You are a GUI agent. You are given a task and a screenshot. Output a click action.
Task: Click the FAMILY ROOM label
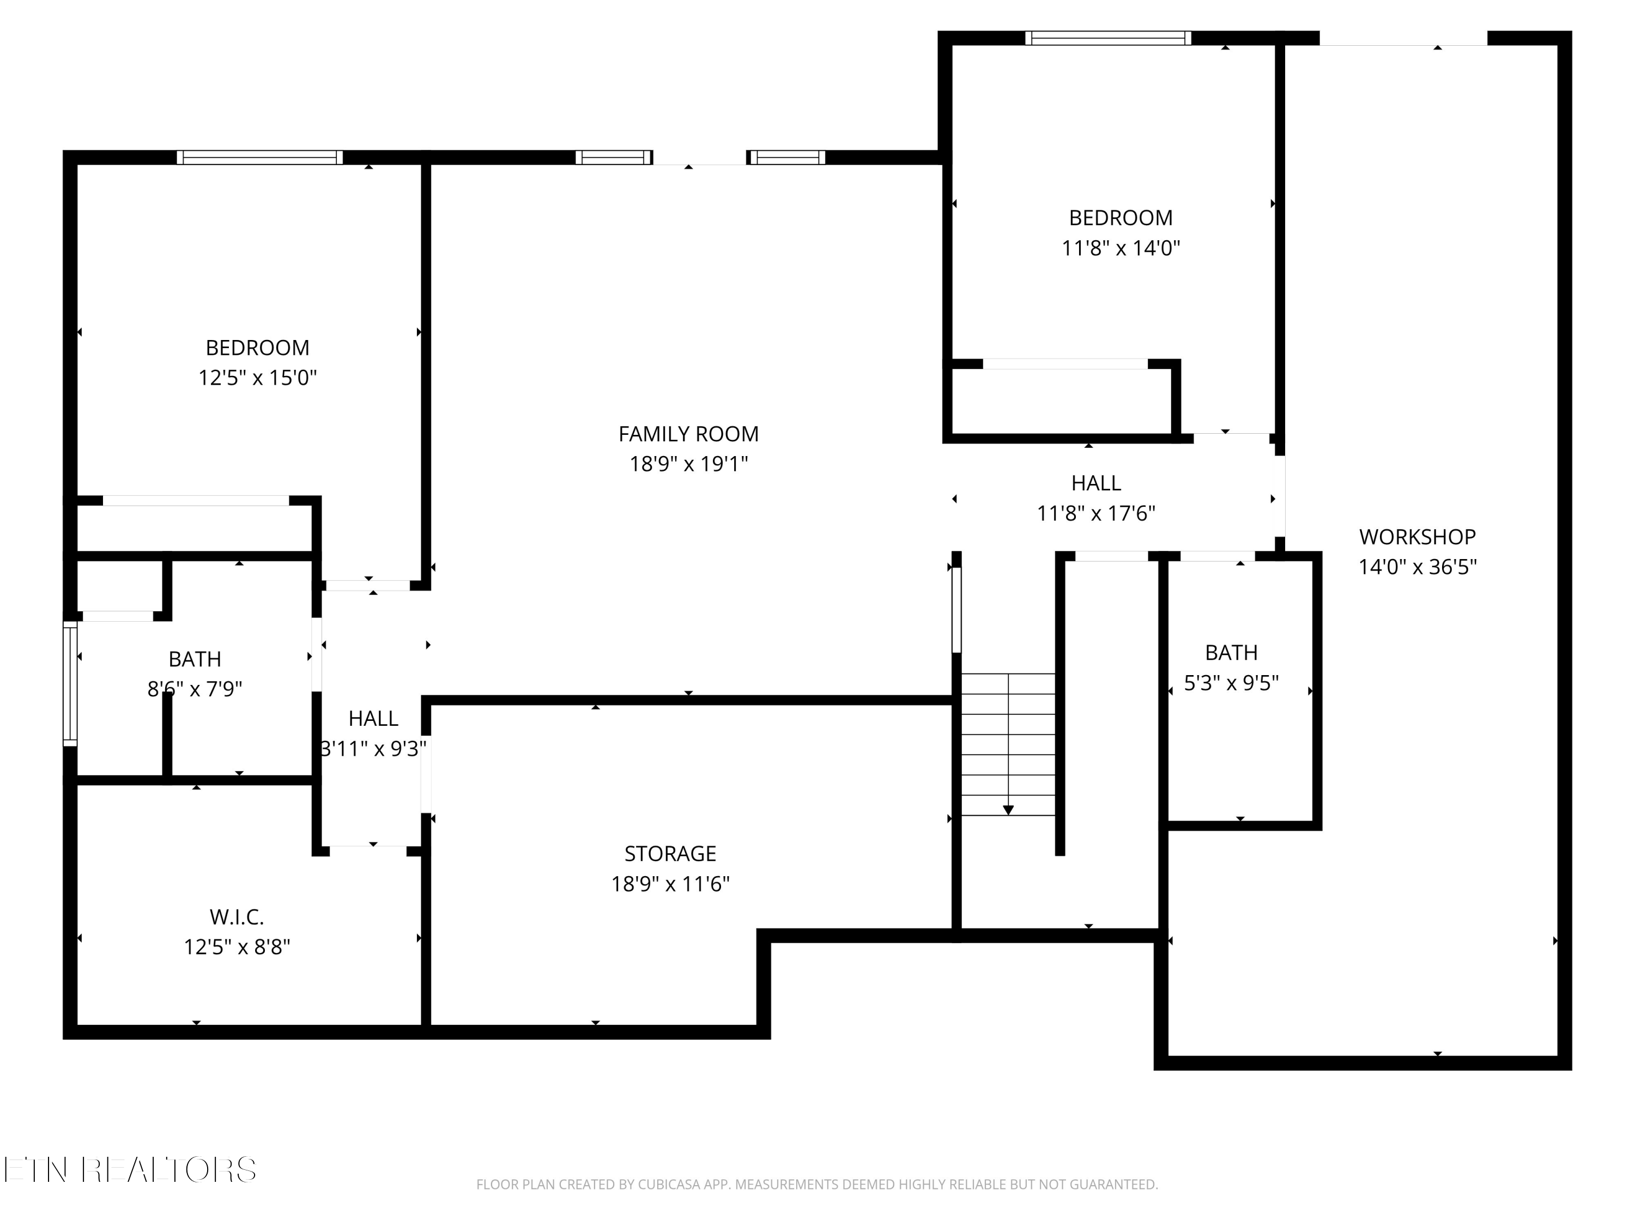tap(688, 434)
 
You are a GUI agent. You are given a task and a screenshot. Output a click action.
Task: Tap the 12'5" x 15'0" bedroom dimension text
tap(257, 378)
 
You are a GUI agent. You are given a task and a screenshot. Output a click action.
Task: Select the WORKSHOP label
tap(1417, 537)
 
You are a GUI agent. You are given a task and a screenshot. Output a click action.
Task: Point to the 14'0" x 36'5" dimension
tap(1417, 567)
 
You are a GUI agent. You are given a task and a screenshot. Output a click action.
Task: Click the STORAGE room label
tap(670, 853)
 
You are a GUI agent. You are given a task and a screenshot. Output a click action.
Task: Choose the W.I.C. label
tap(237, 917)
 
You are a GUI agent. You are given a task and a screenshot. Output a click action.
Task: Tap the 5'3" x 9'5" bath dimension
tap(1231, 683)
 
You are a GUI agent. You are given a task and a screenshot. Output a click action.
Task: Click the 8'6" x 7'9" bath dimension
tap(195, 689)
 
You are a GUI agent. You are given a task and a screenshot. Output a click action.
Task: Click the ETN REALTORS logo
tap(130, 1170)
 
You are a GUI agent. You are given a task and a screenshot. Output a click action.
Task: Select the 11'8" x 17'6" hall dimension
tap(1095, 513)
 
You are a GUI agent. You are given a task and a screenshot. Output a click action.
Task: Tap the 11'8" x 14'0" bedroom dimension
tap(1121, 247)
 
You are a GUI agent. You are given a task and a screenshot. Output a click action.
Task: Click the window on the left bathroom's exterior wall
tap(70, 684)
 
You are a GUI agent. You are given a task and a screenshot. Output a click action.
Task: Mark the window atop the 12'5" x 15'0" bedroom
tap(259, 157)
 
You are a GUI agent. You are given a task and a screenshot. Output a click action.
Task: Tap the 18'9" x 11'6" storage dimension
tap(670, 884)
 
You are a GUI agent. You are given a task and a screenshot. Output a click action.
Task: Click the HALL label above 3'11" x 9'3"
tap(373, 718)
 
